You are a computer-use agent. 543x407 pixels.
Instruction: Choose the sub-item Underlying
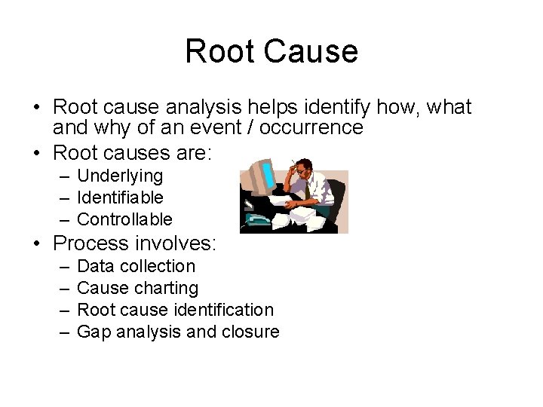tap(120, 176)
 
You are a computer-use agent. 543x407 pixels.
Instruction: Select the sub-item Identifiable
tap(120, 197)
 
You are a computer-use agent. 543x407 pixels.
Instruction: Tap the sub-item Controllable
tap(124, 219)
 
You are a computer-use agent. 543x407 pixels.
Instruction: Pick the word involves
tap(178, 243)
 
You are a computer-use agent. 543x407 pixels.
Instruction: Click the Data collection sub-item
tap(136, 266)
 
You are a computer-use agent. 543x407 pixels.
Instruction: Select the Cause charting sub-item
tap(137, 288)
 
